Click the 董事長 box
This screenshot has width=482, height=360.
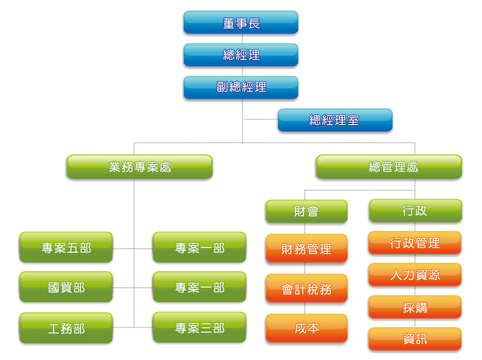pyautogui.click(x=241, y=23)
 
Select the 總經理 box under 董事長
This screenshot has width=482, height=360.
pyautogui.click(x=241, y=55)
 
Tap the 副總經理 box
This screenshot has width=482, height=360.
pyautogui.click(x=241, y=87)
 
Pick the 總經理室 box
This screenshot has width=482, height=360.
pyautogui.click(x=335, y=120)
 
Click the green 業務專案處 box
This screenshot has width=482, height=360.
pyautogui.click(x=139, y=167)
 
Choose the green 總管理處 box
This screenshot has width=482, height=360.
pyautogui.click(x=389, y=167)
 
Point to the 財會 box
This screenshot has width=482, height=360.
pyautogui.click(x=307, y=211)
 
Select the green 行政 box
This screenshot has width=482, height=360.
pyautogui.click(x=415, y=211)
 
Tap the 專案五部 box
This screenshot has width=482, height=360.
pyautogui.click(x=66, y=248)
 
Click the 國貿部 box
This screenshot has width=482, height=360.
pyautogui.click(x=66, y=287)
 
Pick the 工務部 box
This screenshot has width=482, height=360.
pyautogui.click(x=66, y=328)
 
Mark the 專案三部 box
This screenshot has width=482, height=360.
pyautogui.click(x=199, y=328)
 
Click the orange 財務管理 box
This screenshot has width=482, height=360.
pyautogui.click(x=307, y=248)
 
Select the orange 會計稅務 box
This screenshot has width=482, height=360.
pyautogui.click(x=307, y=288)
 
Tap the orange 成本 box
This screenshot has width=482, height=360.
pyautogui.click(x=307, y=328)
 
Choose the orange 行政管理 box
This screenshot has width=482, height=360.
pyautogui.click(x=415, y=243)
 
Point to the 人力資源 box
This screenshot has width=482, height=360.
pyautogui.click(x=415, y=274)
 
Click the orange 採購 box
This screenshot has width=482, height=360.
pyautogui.click(x=415, y=307)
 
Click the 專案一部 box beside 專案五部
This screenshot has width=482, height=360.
pyautogui.click(x=199, y=248)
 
